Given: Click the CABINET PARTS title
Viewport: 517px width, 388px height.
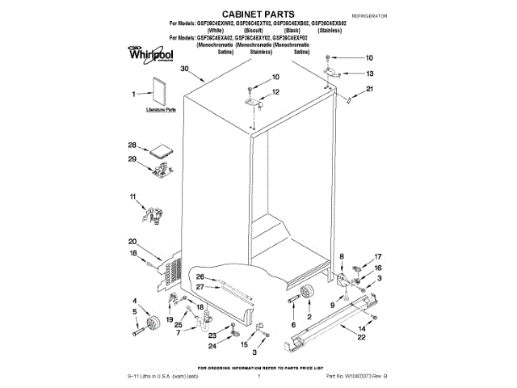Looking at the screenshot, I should [x=258, y=14].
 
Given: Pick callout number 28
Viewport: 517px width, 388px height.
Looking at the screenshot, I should [x=132, y=145].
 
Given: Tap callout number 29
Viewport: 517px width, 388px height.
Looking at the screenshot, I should [x=132, y=159].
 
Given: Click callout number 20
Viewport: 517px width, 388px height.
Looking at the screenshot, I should [x=132, y=242].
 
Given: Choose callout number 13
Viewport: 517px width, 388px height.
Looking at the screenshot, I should [x=370, y=74].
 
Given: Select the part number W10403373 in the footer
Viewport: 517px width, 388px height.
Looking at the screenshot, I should [x=358, y=377].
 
